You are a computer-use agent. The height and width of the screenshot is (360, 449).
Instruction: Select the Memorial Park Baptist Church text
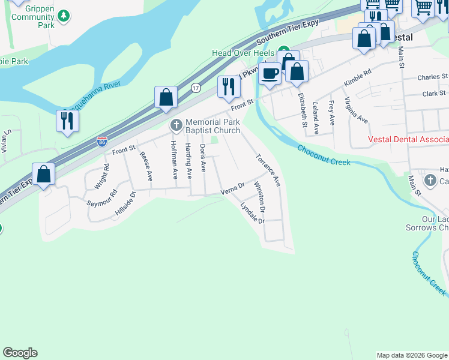pyautogui.click(x=212, y=126)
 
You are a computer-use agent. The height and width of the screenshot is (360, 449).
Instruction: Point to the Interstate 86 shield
pyautogui.click(x=102, y=142)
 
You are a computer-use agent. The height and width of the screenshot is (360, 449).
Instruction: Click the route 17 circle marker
pyautogui.click(x=196, y=88)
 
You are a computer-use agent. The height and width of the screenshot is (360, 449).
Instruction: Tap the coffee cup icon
pyautogui.click(x=270, y=73)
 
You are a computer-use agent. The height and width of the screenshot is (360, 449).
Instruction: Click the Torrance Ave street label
pyautogui.click(x=268, y=170)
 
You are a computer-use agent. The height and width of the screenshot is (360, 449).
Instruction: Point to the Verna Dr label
pyautogui.click(x=233, y=190)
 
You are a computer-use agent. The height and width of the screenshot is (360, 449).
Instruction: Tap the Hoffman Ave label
pyautogui.click(x=173, y=160)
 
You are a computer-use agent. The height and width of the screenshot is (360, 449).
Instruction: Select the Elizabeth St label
pyautogui.click(x=303, y=109)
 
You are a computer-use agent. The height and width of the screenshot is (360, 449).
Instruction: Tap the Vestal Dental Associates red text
pyautogui.click(x=408, y=140)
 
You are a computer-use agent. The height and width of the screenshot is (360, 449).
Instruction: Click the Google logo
pyautogui.click(x=20, y=353)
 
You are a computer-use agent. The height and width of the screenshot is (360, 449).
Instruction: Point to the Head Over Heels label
pyautogui.click(x=243, y=53)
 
